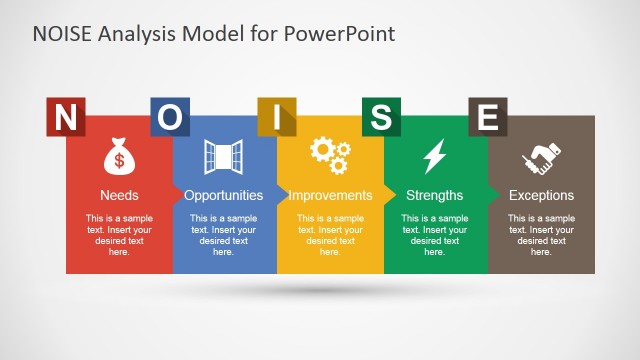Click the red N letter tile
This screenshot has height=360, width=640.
tap(65, 117)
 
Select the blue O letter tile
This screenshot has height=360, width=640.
tap(170, 117)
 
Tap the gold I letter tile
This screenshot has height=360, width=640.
tap(276, 117)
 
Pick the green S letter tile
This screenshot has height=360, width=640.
tap(381, 117)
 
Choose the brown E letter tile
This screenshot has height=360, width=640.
tap(487, 117)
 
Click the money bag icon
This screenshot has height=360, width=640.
tap(119, 157)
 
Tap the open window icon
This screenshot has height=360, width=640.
tap(223, 157)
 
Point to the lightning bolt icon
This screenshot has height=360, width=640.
tap(435, 157)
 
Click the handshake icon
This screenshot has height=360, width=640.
tap(541, 157)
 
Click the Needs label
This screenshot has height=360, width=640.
tap(119, 195)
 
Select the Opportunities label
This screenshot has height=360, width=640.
tap(224, 195)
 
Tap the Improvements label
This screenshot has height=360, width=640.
tap(330, 195)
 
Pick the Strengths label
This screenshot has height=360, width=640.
tap(435, 195)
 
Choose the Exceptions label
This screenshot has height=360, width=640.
tap(541, 195)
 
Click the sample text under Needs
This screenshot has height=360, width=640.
tap(119, 235)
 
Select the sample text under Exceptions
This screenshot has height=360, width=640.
tap(541, 235)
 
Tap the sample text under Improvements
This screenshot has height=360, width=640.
tap(330, 235)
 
